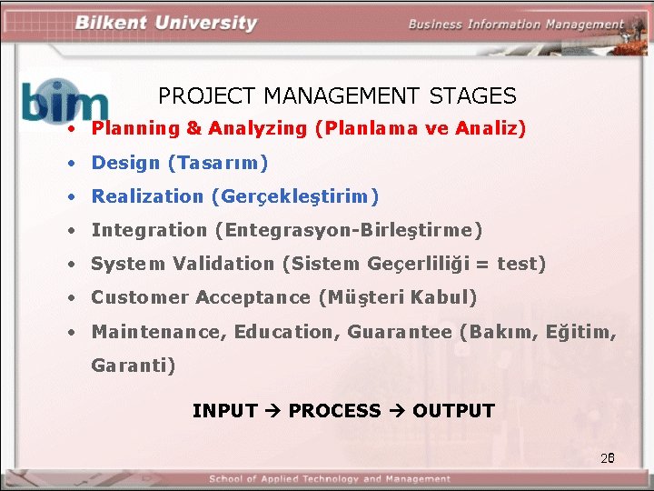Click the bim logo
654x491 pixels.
tap(64, 101)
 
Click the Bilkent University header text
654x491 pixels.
tap(165, 23)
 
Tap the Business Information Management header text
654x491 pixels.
tap(515, 25)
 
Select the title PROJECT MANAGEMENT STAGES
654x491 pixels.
tap(337, 95)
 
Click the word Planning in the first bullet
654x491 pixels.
tap(135, 128)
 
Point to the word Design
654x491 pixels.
tap(125, 164)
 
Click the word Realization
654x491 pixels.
tap(147, 196)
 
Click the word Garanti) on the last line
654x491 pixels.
tap(133, 366)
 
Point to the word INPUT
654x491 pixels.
tap(224, 411)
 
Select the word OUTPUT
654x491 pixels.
tap(453, 411)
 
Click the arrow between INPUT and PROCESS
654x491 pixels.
tap(272, 411)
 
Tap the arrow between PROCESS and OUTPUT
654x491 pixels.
tap(396, 411)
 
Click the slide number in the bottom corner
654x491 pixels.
tap(608, 457)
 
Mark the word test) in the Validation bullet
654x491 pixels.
tap(521, 264)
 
